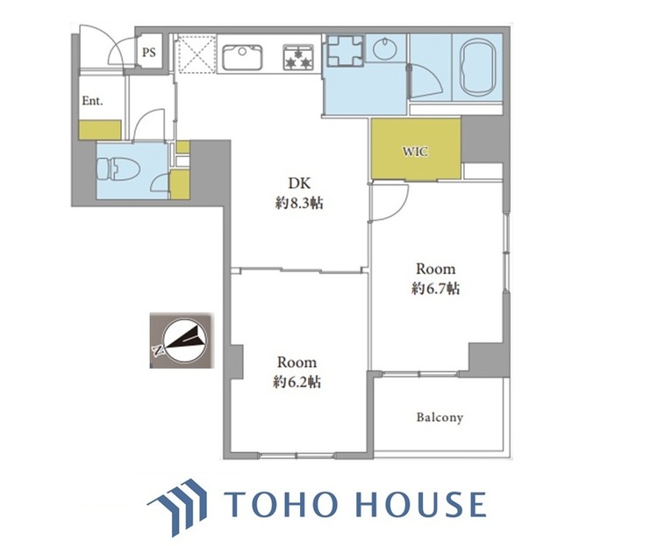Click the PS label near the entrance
[149, 53]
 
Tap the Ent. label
[92, 101]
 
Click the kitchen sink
[242, 57]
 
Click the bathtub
[478, 68]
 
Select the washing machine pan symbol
[345, 50]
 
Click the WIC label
[416, 151]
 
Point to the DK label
[299, 183]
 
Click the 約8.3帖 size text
[299, 204]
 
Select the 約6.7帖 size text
[435, 289]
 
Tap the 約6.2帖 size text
[297, 382]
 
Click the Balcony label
[440, 418]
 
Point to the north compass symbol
[182, 341]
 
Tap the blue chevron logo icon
[178, 507]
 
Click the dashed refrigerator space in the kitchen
[194, 54]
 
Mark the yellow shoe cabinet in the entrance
[100, 130]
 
